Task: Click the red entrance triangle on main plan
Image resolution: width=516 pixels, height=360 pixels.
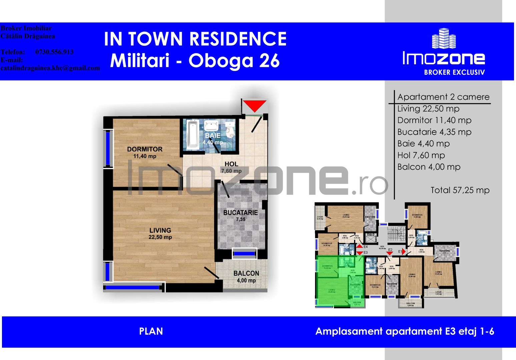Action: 254,105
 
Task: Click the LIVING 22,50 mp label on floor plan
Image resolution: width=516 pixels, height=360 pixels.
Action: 160,233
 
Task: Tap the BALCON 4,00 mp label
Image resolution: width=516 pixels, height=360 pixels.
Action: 246,276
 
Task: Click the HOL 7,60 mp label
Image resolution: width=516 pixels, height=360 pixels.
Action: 231,167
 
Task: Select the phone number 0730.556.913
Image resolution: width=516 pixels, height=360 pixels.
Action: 54,52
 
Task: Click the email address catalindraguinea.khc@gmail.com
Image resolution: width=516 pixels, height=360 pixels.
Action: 50,68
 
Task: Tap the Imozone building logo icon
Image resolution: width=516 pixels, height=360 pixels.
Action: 444,39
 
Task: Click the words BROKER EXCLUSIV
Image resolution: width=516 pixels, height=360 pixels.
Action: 454,72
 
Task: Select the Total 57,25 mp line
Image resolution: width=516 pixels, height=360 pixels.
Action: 460,190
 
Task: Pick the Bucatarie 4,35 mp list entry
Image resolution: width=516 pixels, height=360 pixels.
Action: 434,132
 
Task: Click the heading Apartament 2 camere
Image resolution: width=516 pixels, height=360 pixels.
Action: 443,97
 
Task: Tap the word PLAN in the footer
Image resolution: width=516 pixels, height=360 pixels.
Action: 151,331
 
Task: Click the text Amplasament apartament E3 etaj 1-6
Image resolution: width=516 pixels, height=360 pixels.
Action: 405,331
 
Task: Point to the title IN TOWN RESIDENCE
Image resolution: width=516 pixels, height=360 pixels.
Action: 195,39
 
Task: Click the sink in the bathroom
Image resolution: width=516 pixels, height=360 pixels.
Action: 211,126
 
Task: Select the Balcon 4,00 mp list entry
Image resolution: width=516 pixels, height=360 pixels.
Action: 429,167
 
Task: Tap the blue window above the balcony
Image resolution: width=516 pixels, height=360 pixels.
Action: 244,254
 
